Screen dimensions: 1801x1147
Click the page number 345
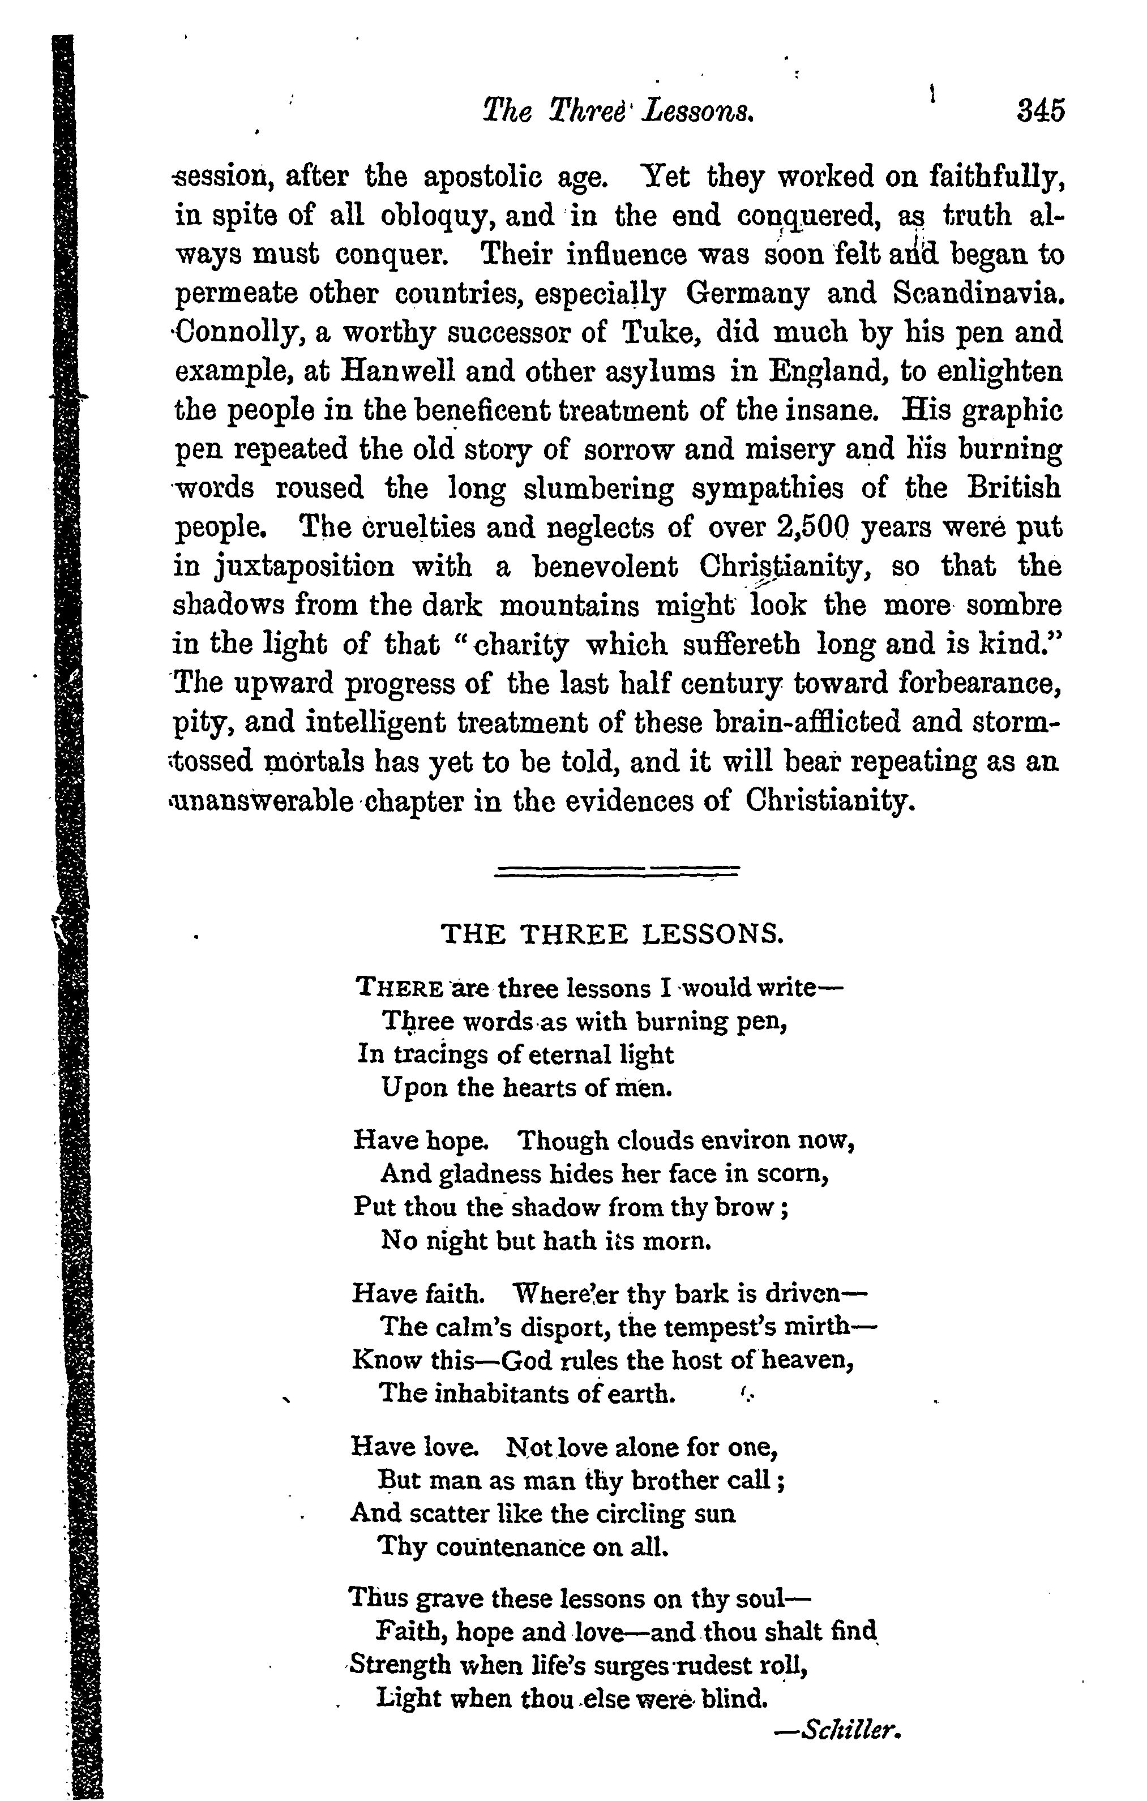[1039, 111]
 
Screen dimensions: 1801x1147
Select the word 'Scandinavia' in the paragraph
[977, 293]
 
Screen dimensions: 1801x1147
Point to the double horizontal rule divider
[617, 871]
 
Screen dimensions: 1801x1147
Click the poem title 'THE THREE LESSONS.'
[612, 934]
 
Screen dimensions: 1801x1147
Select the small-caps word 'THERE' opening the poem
[400, 989]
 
